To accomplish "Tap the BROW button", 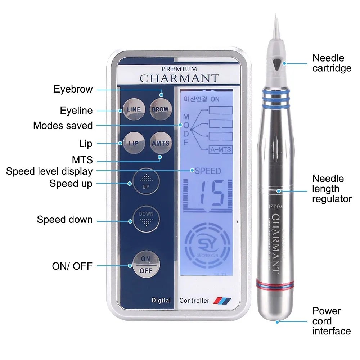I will [159, 109].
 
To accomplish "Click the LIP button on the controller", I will [133, 143].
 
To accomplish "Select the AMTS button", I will [160, 143].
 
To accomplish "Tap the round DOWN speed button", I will [146, 219].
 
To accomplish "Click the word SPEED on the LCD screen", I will [208, 171].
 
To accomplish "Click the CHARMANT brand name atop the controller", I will [179, 78].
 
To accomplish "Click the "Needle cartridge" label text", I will [332, 63].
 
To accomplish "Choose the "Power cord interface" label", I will [331, 321].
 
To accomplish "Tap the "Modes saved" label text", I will [63, 126].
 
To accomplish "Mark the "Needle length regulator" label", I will [332, 189].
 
